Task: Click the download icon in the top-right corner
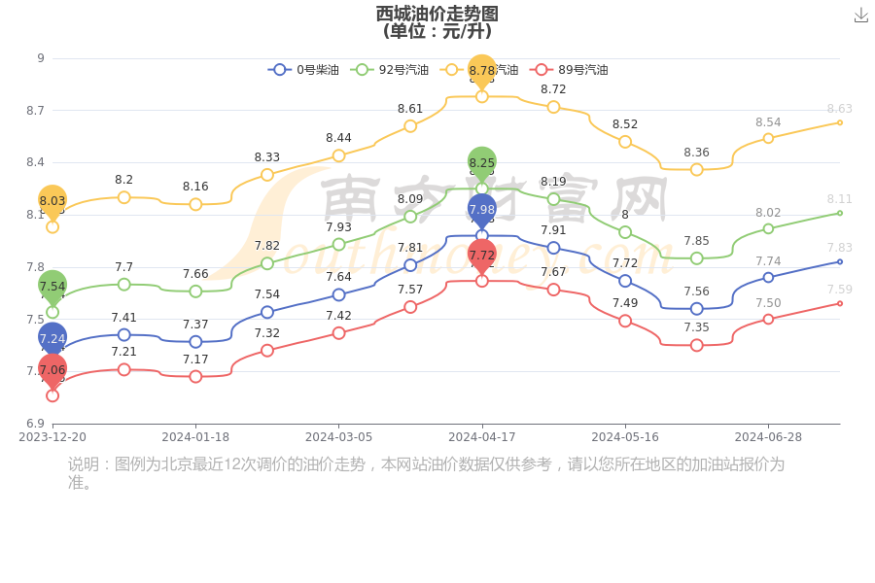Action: pos(860,16)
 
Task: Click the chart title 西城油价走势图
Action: pos(437,14)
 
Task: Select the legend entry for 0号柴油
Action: pos(304,70)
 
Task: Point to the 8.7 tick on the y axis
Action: pos(35,111)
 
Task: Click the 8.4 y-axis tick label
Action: pos(35,162)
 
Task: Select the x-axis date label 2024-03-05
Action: pos(338,437)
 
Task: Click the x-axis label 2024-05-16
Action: pos(625,437)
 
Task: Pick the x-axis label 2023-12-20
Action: pos(52,437)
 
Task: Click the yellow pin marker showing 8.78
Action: pos(482,71)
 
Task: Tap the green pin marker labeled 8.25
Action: pos(482,163)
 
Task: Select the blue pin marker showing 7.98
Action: pos(482,209)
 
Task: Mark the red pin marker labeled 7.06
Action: pos(52,370)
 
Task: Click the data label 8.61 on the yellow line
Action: pos(410,109)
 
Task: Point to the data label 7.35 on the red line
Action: pos(696,327)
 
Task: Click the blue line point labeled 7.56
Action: pos(697,309)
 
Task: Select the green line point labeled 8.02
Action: pos(768,228)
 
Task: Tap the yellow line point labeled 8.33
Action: pos(267,175)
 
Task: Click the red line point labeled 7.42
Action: pos(338,333)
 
